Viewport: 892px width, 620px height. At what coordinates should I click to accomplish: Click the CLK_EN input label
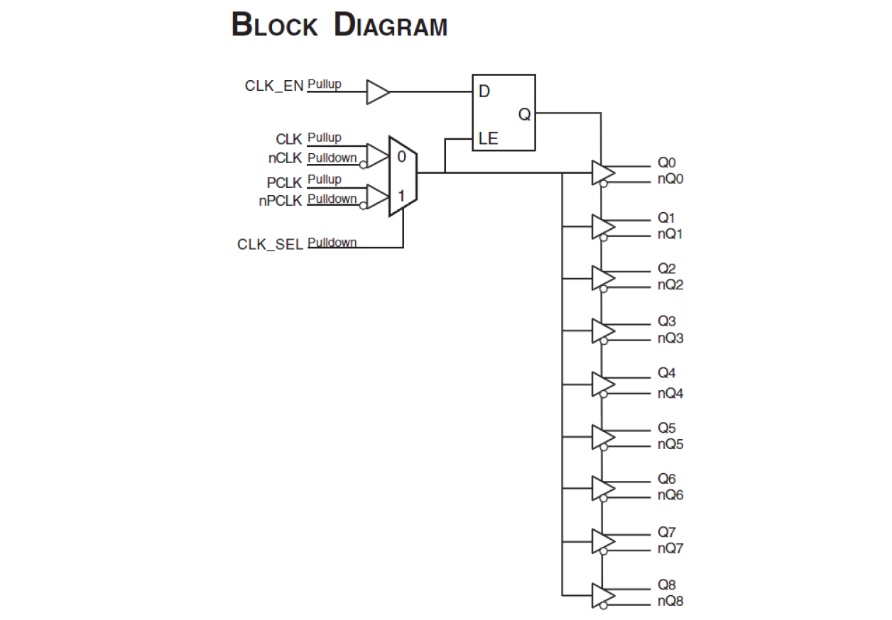[274, 86]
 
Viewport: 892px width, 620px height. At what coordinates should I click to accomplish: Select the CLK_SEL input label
[270, 244]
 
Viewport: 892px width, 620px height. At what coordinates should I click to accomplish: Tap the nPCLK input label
[281, 201]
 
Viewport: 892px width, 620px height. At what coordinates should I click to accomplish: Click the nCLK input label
[285, 158]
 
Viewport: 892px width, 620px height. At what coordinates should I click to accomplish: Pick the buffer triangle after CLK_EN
[377, 92]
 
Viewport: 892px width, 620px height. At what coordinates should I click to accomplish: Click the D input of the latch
[484, 92]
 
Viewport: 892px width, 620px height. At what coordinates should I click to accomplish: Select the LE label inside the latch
[488, 139]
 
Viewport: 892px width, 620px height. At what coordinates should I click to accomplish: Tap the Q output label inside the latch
[524, 114]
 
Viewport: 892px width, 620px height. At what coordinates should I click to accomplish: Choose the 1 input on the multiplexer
[401, 195]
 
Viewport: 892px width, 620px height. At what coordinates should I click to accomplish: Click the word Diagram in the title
[391, 26]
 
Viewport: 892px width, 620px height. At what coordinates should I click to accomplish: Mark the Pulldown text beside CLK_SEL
[332, 243]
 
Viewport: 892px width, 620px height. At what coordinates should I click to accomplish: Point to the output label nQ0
[670, 179]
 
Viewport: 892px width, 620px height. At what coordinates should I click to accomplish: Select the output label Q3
[666, 322]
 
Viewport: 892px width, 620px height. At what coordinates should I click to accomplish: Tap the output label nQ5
[670, 445]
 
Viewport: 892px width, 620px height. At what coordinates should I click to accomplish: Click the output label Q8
[666, 585]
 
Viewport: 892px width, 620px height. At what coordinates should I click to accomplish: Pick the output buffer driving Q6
[602, 488]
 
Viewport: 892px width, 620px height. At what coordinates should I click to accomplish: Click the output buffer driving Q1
[602, 227]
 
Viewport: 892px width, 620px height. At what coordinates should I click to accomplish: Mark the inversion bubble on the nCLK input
[364, 164]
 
